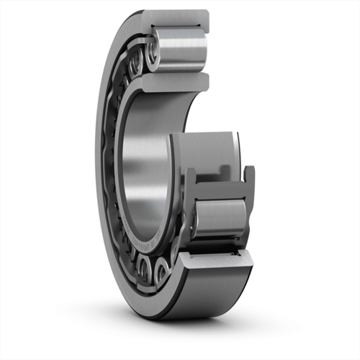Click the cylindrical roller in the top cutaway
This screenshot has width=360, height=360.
click(x=180, y=50)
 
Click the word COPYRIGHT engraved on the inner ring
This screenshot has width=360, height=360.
click(x=148, y=248)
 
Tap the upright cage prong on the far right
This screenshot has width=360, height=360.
click(x=249, y=176)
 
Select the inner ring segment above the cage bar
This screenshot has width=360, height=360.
click(x=209, y=151)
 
